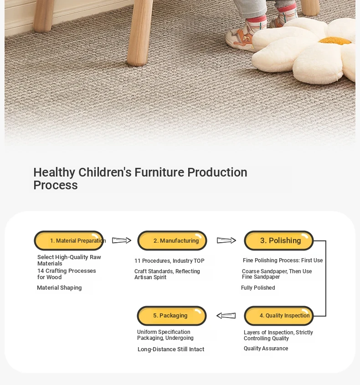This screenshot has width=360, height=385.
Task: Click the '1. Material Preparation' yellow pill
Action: (69, 241)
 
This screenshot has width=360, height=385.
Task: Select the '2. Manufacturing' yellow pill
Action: (172, 241)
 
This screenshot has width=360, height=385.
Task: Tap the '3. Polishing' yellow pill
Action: (279, 241)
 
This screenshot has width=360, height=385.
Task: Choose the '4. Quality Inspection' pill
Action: (279, 316)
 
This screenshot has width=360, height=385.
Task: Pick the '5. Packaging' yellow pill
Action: (172, 316)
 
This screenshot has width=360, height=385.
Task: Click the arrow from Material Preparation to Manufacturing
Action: (122, 240)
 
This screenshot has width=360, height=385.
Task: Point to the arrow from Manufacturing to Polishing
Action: (226, 240)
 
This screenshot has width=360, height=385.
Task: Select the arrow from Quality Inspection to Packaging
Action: (226, 316)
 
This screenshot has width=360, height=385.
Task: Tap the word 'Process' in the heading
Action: (56, 185)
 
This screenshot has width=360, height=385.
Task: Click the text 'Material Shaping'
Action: (59, 288)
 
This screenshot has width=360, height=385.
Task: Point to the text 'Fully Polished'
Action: (258, 288)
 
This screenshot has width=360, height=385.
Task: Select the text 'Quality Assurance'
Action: (266, 349)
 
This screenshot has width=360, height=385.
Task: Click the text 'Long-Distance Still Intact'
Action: (171, 349)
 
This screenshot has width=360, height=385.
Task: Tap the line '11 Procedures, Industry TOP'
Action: (169, 261)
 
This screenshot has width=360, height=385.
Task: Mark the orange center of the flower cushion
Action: (335, 41)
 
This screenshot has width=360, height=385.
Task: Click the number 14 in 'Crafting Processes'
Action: (41, 271)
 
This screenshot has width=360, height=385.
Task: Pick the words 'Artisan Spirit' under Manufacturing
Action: (150, 277)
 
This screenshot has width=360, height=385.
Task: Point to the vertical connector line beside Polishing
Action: (326, 278)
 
